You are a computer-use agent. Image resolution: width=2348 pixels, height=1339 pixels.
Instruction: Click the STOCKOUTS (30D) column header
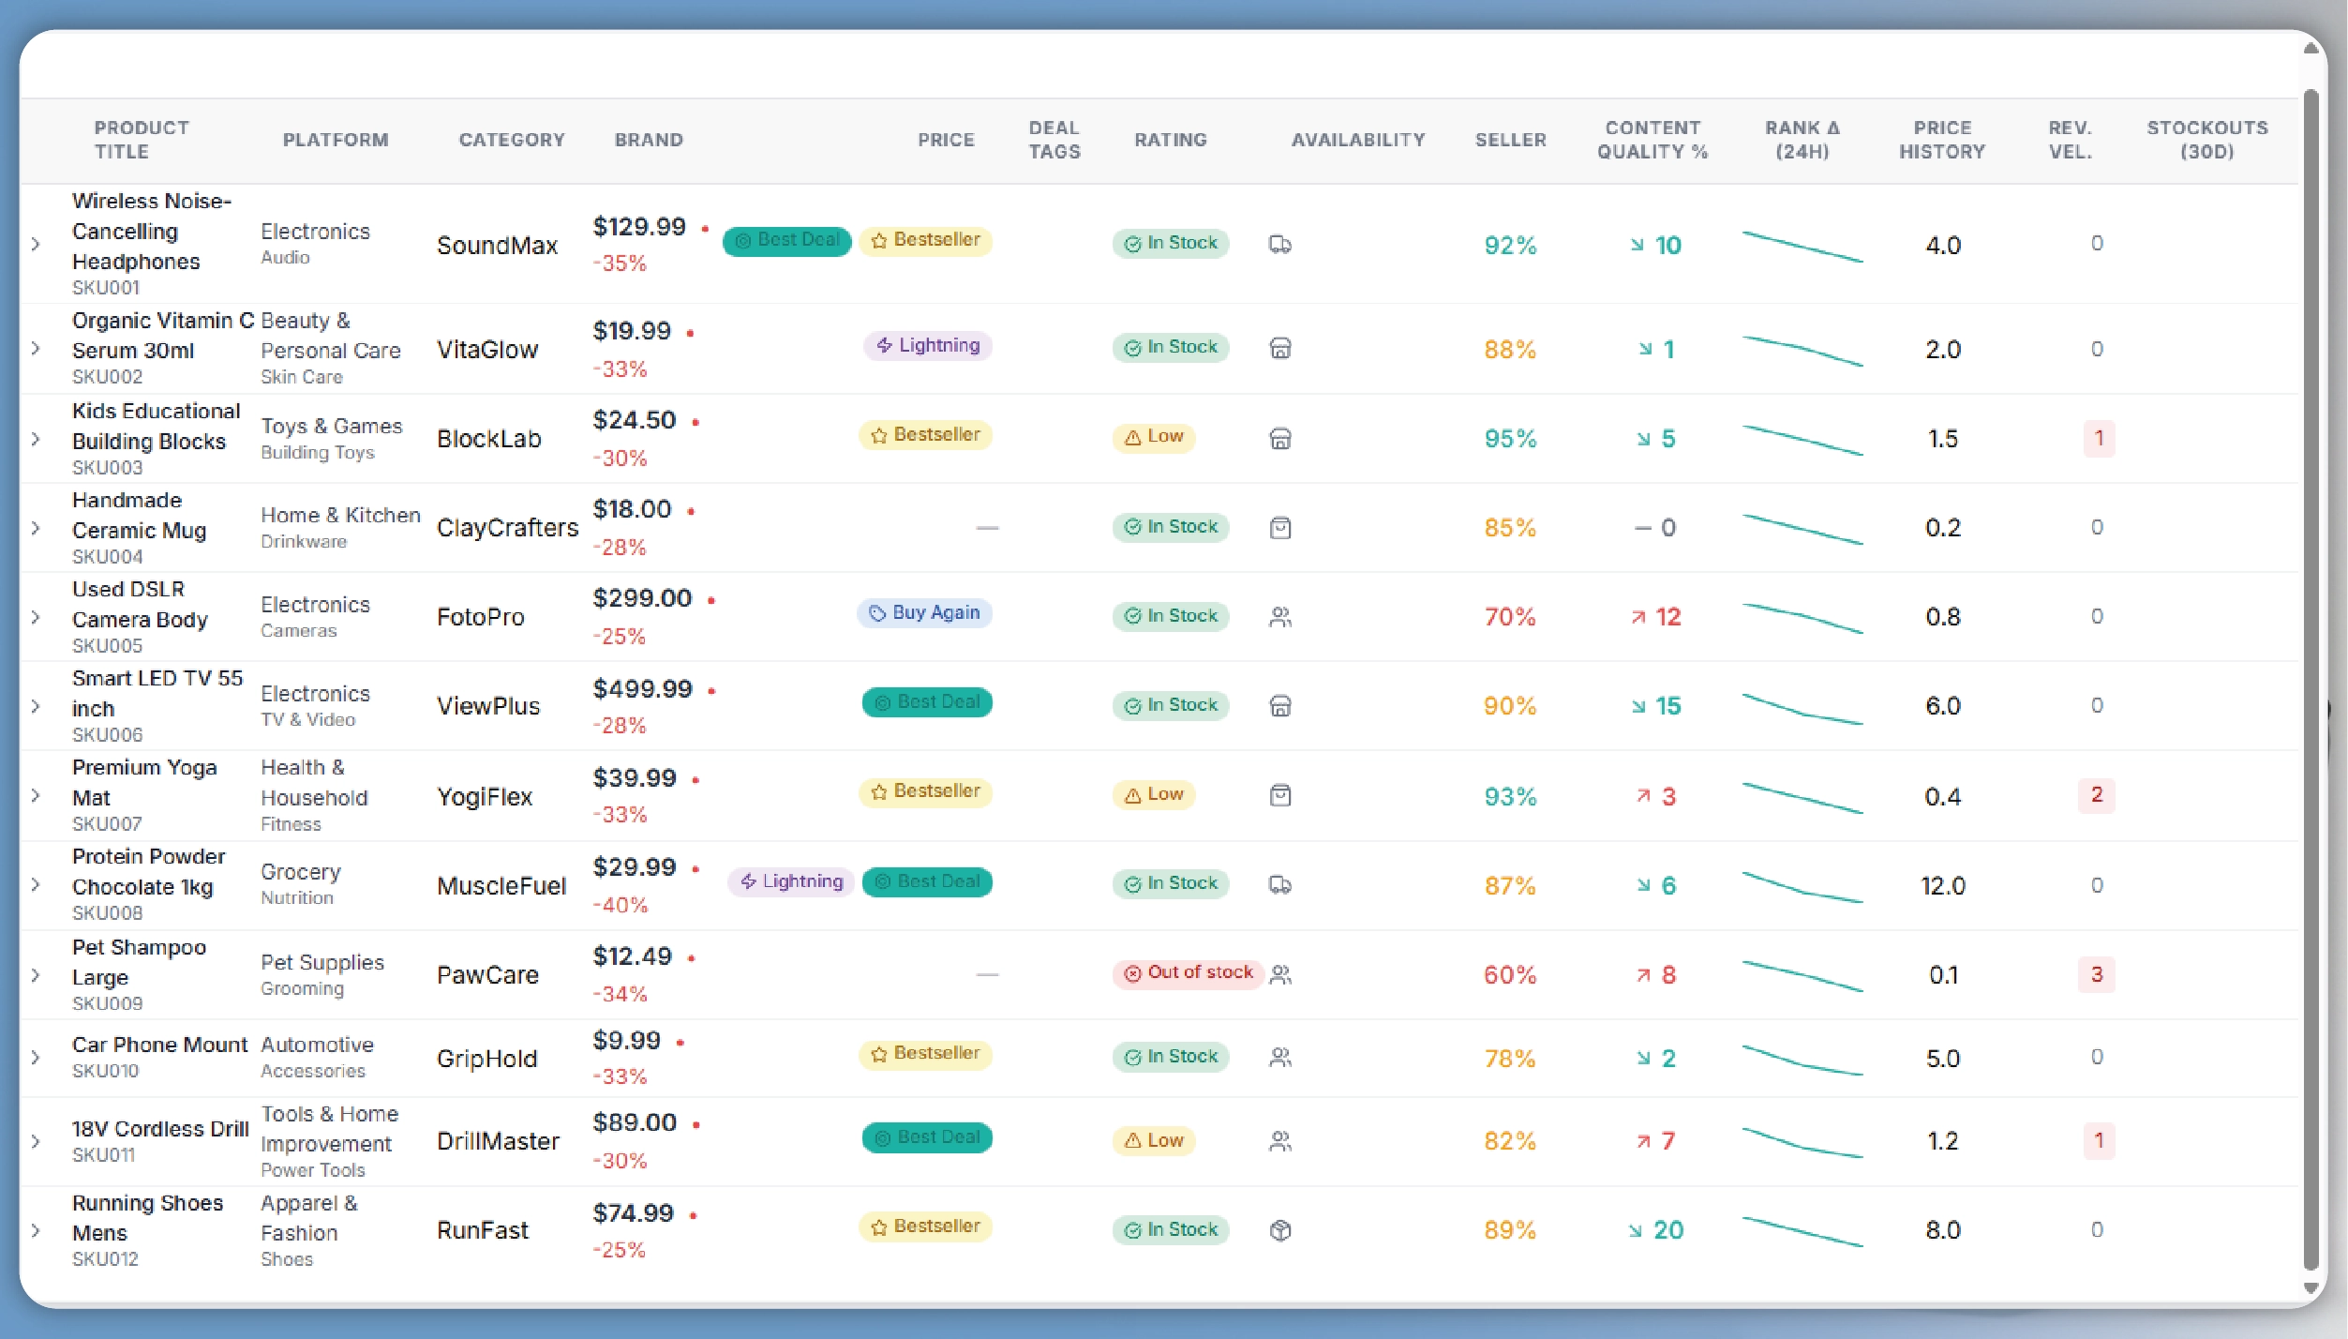2206,140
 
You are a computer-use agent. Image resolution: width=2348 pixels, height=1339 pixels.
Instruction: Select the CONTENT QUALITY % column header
1653,140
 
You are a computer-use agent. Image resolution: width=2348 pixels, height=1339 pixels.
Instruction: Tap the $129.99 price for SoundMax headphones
639,227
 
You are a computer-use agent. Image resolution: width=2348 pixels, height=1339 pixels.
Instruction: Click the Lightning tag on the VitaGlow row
927,346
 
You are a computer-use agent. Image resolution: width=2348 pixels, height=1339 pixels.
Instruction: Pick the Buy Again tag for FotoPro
924,613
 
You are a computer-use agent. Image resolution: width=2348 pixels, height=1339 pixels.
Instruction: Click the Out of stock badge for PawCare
1189,973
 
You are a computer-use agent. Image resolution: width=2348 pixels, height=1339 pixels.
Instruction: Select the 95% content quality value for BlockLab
1510,439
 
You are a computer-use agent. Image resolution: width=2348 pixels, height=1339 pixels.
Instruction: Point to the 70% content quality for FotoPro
1510,617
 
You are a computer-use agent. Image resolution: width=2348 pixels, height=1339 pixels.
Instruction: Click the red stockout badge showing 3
2097,974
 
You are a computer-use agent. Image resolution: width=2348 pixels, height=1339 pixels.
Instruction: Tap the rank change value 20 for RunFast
1668,1230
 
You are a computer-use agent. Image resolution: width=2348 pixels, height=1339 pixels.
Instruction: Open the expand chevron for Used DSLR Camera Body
36,617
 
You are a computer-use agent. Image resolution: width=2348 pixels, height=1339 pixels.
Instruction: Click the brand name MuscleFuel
501,886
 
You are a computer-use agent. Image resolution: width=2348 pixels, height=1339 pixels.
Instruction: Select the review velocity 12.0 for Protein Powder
1943,886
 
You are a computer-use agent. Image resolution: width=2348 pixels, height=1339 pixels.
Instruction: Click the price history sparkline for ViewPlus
1802,708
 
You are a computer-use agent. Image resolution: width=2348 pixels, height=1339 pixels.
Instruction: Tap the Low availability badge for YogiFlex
1154,795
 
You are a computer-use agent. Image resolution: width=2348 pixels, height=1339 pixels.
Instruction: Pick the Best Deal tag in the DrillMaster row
927,1138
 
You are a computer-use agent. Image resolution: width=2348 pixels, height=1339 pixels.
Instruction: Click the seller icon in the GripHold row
1280,1058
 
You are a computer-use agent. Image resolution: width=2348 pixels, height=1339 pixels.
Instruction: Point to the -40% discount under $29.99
621,905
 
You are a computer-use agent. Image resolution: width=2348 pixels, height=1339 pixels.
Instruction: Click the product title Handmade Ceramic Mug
139,515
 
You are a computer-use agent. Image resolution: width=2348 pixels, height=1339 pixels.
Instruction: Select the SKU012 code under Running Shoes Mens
105,1259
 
